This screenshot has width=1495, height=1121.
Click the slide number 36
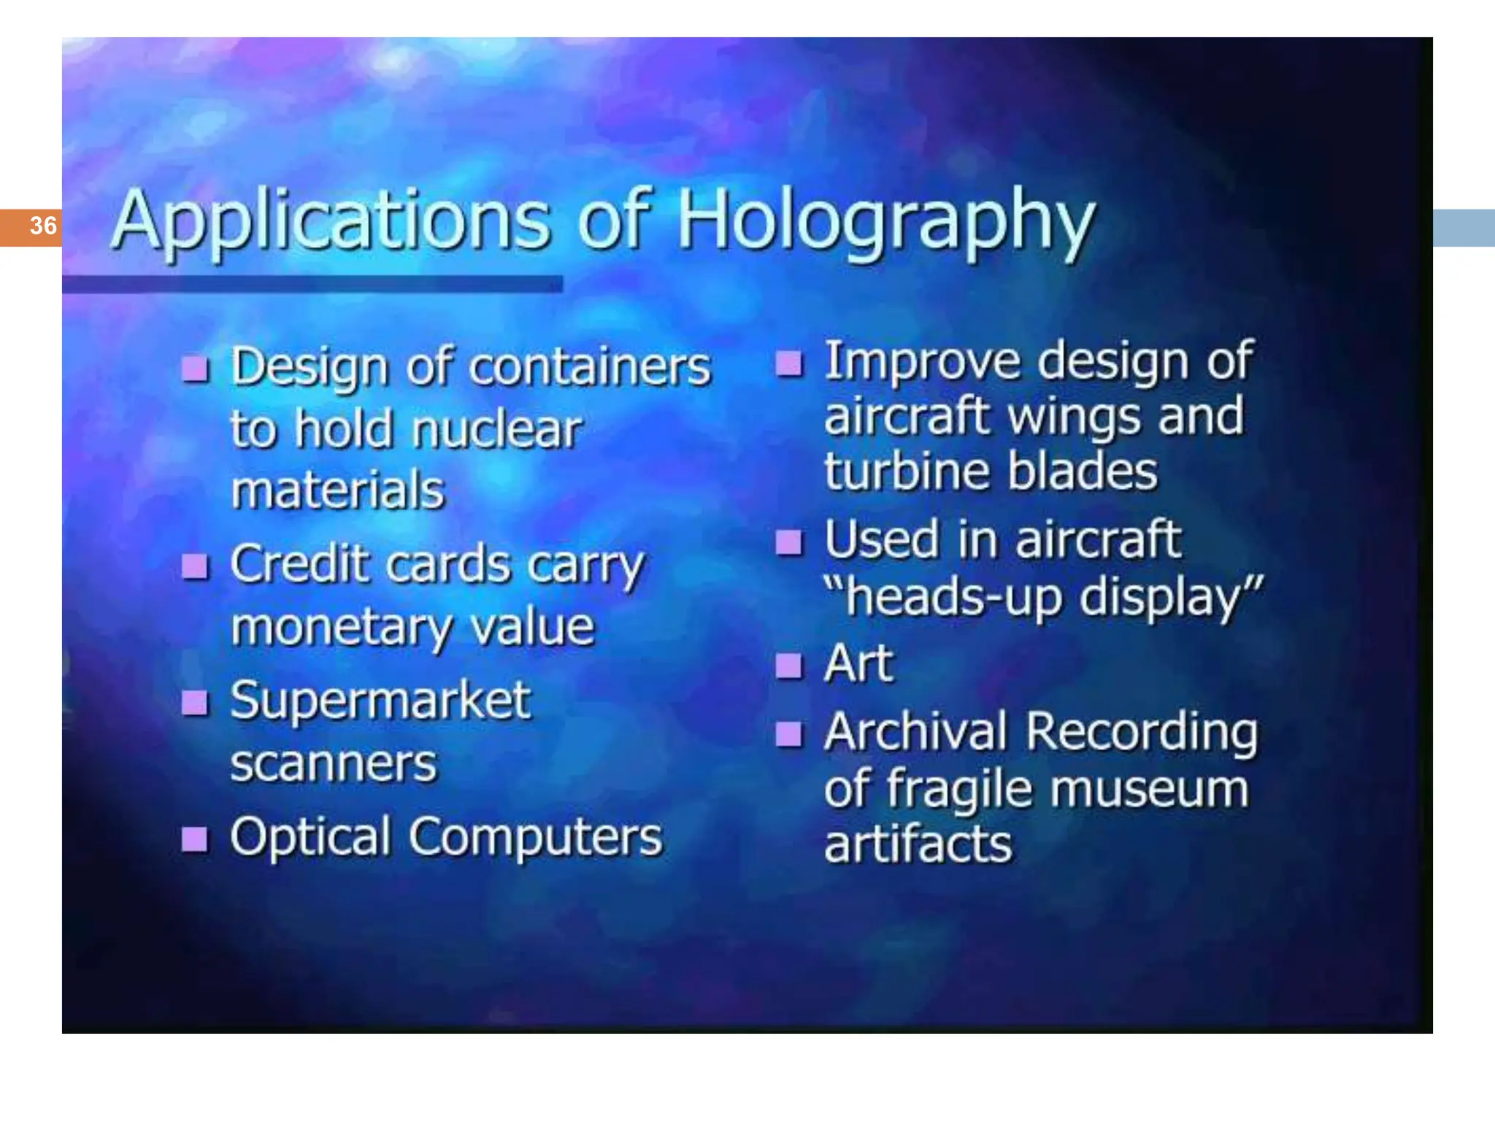pos(43,226)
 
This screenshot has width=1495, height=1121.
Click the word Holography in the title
pos(886,220)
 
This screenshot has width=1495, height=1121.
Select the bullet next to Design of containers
pos(195,369)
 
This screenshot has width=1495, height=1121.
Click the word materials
pos(337,490)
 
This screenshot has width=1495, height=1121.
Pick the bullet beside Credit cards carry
pos(195,566)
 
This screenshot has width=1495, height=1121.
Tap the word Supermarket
pos(380,701)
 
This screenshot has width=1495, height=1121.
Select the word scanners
pos(333,763)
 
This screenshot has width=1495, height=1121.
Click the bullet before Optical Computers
pos(195,839)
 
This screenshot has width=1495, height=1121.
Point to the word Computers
pos(535,838)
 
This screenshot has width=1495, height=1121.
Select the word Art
pos(858,663)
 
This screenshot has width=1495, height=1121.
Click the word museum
pos(1150,790)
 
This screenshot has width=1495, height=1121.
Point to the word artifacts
pos(918,844)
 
